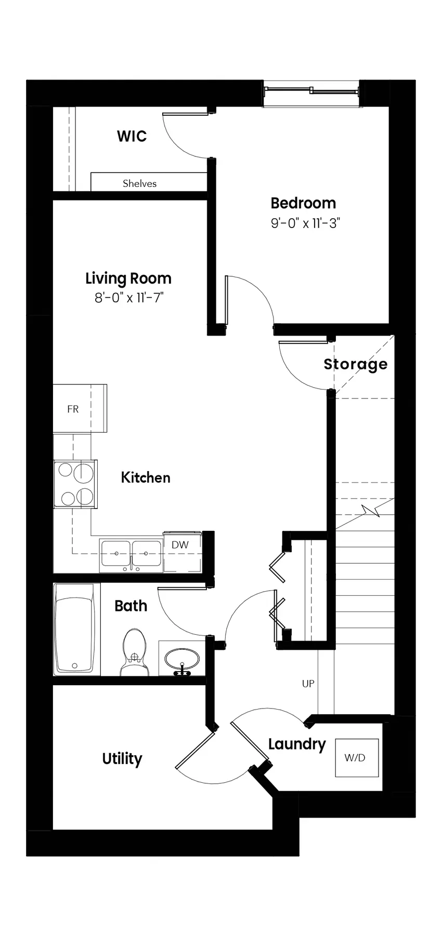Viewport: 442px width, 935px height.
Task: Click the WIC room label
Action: [132, 136]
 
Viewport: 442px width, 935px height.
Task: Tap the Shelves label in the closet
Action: [139, 183]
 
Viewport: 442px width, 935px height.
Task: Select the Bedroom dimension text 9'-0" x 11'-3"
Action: [305, 223]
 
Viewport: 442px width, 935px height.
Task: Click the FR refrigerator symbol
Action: [80, 408]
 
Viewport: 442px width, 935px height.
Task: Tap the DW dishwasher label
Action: [180, 545]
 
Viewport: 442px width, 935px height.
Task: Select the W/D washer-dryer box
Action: [357, 758]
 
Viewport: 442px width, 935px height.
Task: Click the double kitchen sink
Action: [131, 554]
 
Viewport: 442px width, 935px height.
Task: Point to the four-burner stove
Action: [75, 484]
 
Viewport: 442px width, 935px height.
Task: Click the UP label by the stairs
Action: [308, 684]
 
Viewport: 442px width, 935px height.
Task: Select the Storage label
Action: [356, 364]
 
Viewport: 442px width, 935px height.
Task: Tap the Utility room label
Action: [122, 759]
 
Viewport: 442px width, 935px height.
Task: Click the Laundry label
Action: [297, 744]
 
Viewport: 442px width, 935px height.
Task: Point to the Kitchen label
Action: [146, 477]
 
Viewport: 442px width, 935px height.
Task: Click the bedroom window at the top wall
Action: [311, 94]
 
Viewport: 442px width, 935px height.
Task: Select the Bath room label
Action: [131, 606]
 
